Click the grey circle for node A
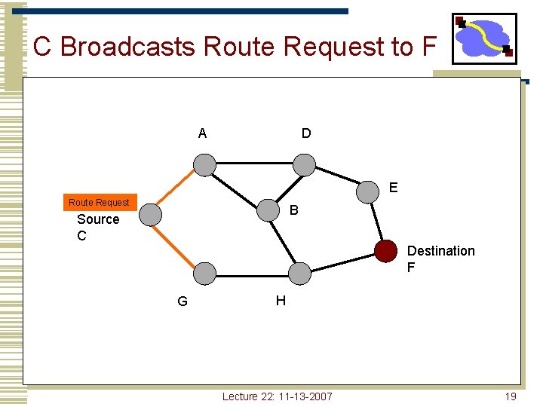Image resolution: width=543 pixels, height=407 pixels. [204, 164]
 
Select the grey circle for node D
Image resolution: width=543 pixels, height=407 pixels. [304, 164]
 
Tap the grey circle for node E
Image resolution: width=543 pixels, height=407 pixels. [367, 191]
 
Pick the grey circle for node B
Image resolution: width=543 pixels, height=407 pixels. [268, 210]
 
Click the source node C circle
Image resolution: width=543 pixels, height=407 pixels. [150, 215]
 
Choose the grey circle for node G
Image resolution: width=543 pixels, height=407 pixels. [204, 273]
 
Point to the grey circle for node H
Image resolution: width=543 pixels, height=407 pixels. [299, 273]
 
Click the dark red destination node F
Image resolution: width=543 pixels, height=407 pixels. [385, 250]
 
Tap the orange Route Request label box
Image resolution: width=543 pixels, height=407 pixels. [99, 202]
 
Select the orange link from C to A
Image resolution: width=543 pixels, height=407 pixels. [176, 189]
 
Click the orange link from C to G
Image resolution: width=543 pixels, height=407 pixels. [176, 243]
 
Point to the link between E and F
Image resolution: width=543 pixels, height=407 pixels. [376, 221]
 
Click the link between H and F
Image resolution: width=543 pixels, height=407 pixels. [342, 262]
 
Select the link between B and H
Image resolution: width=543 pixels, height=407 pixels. [284, 241]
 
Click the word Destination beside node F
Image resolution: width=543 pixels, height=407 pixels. [440, 251]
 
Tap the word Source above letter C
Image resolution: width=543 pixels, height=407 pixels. [98, 219]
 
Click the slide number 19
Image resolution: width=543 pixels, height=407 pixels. [511, 396]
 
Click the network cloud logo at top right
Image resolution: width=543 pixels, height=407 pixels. [484, 38]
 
